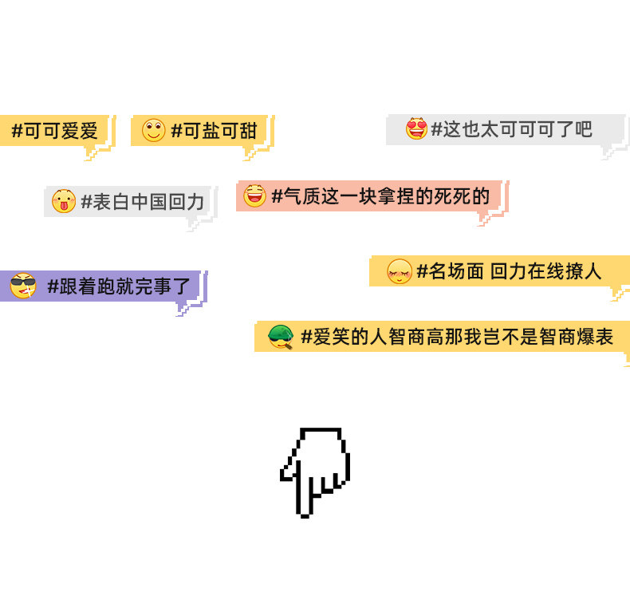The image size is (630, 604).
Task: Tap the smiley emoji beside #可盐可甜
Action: pyautogui.click(x=154, y=130)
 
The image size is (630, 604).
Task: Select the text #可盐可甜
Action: pyautogui.click(x=214, y=131)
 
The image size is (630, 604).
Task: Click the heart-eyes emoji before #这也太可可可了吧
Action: pyautogui.click(x=416, y=128)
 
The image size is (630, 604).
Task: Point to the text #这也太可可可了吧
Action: pyautogui.click(x=511, y=129)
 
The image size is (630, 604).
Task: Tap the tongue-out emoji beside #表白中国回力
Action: pyautogui.click(x=63, y=201)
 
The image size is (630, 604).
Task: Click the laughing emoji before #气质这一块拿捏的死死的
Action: pyautogui.click(x=254, y=195)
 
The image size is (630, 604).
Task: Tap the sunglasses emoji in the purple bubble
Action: pyautogui.click(x=23, y=285)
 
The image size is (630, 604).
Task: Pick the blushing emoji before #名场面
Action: pyautogui.click(x=399, y=271)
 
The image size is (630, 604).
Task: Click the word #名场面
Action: pyautogui.click(x=450, y=271)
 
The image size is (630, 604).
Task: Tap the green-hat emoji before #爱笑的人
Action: pyautogui.click(x=281, y=337)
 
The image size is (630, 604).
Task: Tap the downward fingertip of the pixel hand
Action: pyautogui.click(x=305, y=511)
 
